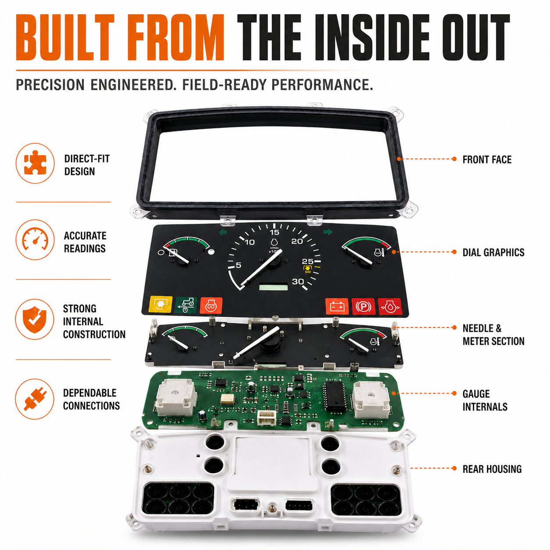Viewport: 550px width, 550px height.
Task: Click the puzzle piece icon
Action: (35, 163)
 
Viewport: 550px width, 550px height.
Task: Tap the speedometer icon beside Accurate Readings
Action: (35, 239)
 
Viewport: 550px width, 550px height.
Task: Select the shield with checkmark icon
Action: (35, 319)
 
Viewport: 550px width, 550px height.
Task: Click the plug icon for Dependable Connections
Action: (35, 399)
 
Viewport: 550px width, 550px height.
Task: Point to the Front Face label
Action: (487, 160)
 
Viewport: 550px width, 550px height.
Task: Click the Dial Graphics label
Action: (493, 252)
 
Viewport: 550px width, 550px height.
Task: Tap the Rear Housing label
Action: (492, 469)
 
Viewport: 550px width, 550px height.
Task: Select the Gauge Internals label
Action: (485, 400)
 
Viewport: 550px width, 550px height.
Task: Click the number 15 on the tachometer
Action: (275, 232)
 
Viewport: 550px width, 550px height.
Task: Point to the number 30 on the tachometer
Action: (298, 282)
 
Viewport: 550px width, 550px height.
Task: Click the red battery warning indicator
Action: (337, 307)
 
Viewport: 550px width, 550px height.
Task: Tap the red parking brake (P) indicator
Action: (363, 307)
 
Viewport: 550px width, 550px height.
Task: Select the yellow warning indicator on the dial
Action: (161, 304)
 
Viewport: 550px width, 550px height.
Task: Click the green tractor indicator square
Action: (186, 305)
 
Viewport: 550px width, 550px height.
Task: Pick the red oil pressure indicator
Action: (389, 307)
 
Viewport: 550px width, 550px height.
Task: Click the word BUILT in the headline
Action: (65, 37)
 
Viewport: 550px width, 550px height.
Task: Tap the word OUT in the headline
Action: (476, 37)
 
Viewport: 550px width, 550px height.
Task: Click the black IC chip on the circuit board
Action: (335, 395)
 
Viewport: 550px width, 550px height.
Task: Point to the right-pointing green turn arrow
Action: (328, 232)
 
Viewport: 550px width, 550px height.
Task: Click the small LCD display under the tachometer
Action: (273, 286)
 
